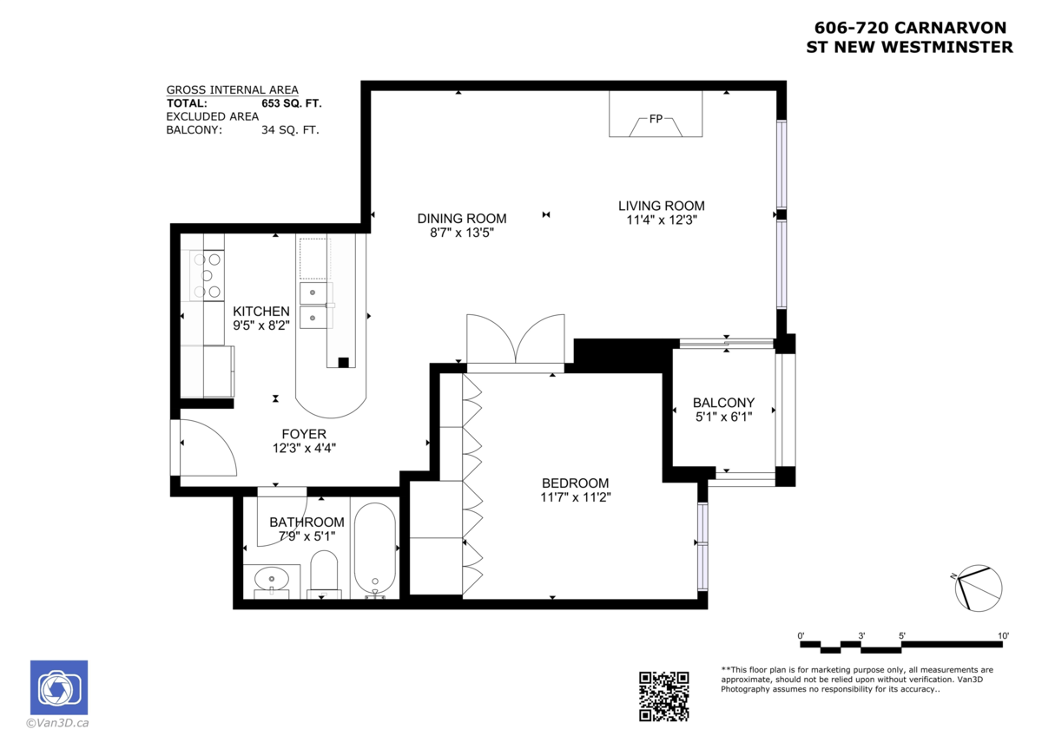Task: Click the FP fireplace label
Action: [x=656, y=119]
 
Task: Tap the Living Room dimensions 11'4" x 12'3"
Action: [x=662, y=220]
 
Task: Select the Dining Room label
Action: [x=461, y=219]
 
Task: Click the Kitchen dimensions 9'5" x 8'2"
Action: [x=261, y=325]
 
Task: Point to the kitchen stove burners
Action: [x=207, y=276]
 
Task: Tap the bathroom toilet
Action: [x=324, y=575]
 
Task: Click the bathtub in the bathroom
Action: [x=375, y=551]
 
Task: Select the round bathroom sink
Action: [x=271, y=579]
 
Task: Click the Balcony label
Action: [x=723, y=403]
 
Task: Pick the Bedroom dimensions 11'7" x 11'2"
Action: [x=576, y=497]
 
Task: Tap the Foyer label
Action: [x=304, y=434]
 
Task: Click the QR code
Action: [x=663, y=696]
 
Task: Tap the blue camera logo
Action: [x=59, y=687]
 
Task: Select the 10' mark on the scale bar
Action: [x=1003, y=635]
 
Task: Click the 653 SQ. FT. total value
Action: [x=291, y=103]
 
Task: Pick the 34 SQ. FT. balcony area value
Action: [x=290, y=129]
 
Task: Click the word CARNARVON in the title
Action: [x=950, y=28]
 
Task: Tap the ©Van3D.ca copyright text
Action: [x=57, y=723]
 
